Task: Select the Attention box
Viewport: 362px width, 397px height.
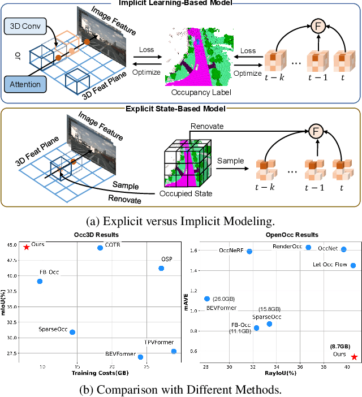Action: pyautogui.click(x=25, y=85)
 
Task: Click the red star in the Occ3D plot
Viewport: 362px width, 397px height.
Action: pyautogui.click(x=26, y=247)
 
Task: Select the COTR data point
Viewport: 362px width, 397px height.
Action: pyautogui.click(x=100, y=248)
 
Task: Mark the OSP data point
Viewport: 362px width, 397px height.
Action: pyautogui.click(x=161, y=268)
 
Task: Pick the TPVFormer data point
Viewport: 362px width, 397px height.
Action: pyautogui.click(x=174, y=351)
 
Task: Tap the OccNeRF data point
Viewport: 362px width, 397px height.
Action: pyautogui.click(x=249, y=251)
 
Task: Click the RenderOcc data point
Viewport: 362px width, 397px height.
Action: pyautogui.click(x=308, y=247)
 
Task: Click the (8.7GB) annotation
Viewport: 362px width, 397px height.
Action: pyautogui.click(x=340, y=346)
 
